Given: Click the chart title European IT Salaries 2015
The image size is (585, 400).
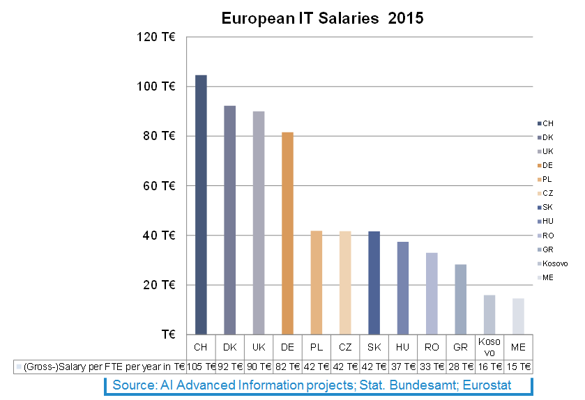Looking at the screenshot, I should click(322, 19).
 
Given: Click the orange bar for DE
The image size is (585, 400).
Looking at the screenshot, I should click(287, 233).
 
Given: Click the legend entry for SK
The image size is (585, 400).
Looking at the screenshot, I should click(547, 208).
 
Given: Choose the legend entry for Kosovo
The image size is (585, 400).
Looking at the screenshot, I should click(554, 263).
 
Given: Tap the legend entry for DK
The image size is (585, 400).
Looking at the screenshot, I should click(547, 137).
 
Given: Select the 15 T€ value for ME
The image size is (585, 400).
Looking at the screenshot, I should click(518, 366).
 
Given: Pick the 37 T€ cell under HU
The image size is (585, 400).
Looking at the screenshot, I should click(403, 366).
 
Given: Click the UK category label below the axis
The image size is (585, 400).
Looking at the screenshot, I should click(259, 347).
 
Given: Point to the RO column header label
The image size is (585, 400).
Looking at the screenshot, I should click(432, 347).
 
